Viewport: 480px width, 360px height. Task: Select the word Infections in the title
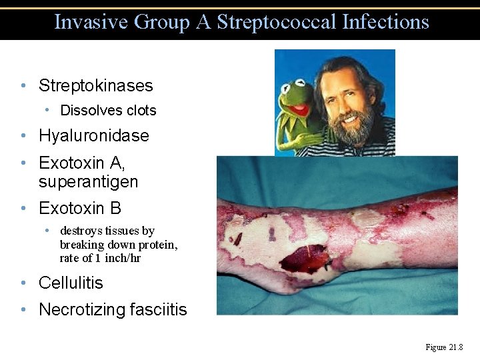385,22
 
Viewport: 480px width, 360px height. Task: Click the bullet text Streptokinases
96,85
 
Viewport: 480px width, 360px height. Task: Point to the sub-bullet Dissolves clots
108,111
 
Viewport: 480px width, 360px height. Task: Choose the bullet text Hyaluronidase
94,135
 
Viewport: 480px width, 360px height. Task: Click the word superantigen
89,181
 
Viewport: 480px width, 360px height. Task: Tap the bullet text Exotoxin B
80,208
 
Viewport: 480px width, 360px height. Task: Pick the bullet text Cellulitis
71,283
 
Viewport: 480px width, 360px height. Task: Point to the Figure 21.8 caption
443,347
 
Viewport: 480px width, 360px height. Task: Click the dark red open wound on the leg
305,259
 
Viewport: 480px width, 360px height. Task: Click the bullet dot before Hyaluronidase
23,136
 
